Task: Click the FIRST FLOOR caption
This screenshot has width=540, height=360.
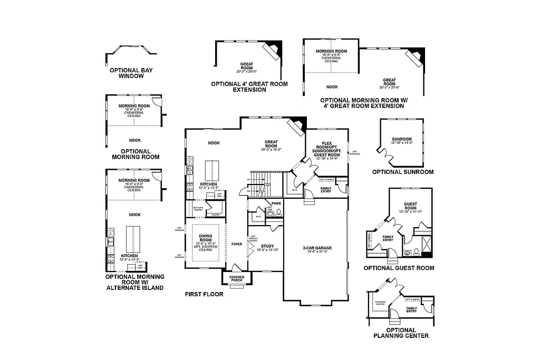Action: [x=204, y=294]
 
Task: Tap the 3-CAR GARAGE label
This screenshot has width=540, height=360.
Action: [x=315, y=249]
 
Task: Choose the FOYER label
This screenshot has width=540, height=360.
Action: [x=237, y=244]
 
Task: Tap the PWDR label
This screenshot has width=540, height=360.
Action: [x=276, y=203]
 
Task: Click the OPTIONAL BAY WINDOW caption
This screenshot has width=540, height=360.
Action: [x=131, y=73]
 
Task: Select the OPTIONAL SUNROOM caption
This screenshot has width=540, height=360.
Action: [x=403, y=172]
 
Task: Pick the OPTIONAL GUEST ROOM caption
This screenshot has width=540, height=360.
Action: [x=399, y=268]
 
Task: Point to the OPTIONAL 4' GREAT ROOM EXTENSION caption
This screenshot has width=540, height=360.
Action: [x=249, y=86]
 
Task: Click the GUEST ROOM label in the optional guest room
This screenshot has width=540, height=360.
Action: [x=410, y=206]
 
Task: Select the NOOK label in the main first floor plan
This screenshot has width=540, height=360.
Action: [x=214, y=143]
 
